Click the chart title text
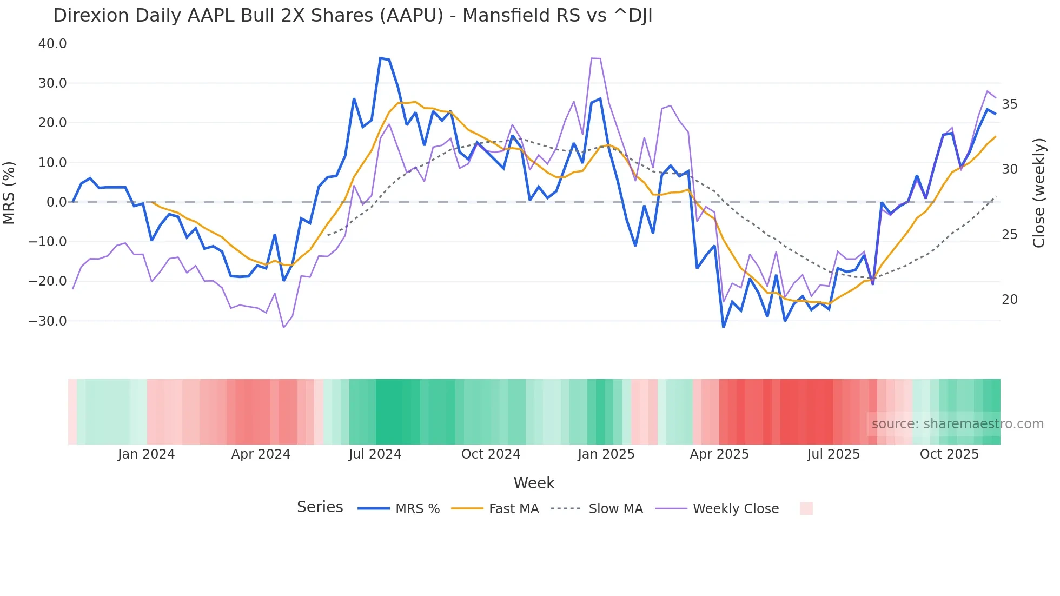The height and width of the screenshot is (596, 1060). click(353, 16)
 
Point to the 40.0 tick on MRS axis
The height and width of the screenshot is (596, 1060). click(52, 44)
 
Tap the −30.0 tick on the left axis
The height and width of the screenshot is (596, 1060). click(48, 321)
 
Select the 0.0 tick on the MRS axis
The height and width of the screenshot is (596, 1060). click(56, 202)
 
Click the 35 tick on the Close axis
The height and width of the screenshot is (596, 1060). click(1009, 104)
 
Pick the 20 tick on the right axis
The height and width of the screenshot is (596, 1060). click(1009, 300)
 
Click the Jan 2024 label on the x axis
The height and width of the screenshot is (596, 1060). click(146, 454)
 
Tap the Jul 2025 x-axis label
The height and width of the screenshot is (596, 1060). click(833, 454)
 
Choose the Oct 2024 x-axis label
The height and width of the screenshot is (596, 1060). click(491, 454)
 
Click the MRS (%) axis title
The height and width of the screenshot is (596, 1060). click(9, 193)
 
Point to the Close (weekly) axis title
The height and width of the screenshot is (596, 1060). click(1038, 193)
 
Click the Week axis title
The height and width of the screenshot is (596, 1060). click(534, 483)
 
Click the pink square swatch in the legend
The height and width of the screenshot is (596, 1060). click(806, 508)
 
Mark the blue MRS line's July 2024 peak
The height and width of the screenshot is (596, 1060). click(381, 58)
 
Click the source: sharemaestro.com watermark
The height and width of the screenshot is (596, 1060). click(957, 424)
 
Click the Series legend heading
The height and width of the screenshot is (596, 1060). click(320, 507)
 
